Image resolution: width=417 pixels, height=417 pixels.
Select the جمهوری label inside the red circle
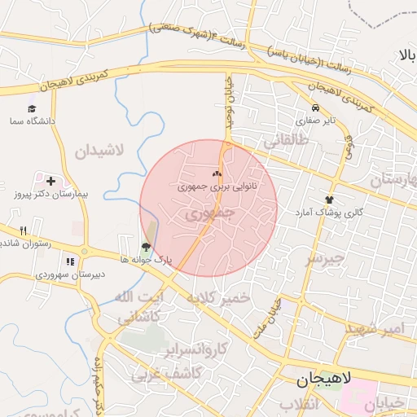click(x=209, y=213)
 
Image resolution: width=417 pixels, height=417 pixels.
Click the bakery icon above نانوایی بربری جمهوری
click(x=217, y=173)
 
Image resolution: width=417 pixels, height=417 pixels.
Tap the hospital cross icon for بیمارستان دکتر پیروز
click(x=51, y=181)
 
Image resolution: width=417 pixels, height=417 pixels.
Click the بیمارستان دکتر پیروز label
click(x=51, y=195)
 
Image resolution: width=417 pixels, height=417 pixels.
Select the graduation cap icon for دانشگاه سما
click(x=33, y=108)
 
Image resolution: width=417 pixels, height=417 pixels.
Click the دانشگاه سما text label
click(x=33, y=121)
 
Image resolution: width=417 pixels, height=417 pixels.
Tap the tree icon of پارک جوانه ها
click(x=146, y=246)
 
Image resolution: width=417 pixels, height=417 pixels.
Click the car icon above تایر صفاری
click(x=315, y=108)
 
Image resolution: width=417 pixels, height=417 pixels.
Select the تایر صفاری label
click(x=314, y=121)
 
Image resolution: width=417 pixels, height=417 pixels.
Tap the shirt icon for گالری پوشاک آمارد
click(x=329, y=198)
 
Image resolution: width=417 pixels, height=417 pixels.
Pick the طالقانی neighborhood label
click(x=286, y=140)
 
